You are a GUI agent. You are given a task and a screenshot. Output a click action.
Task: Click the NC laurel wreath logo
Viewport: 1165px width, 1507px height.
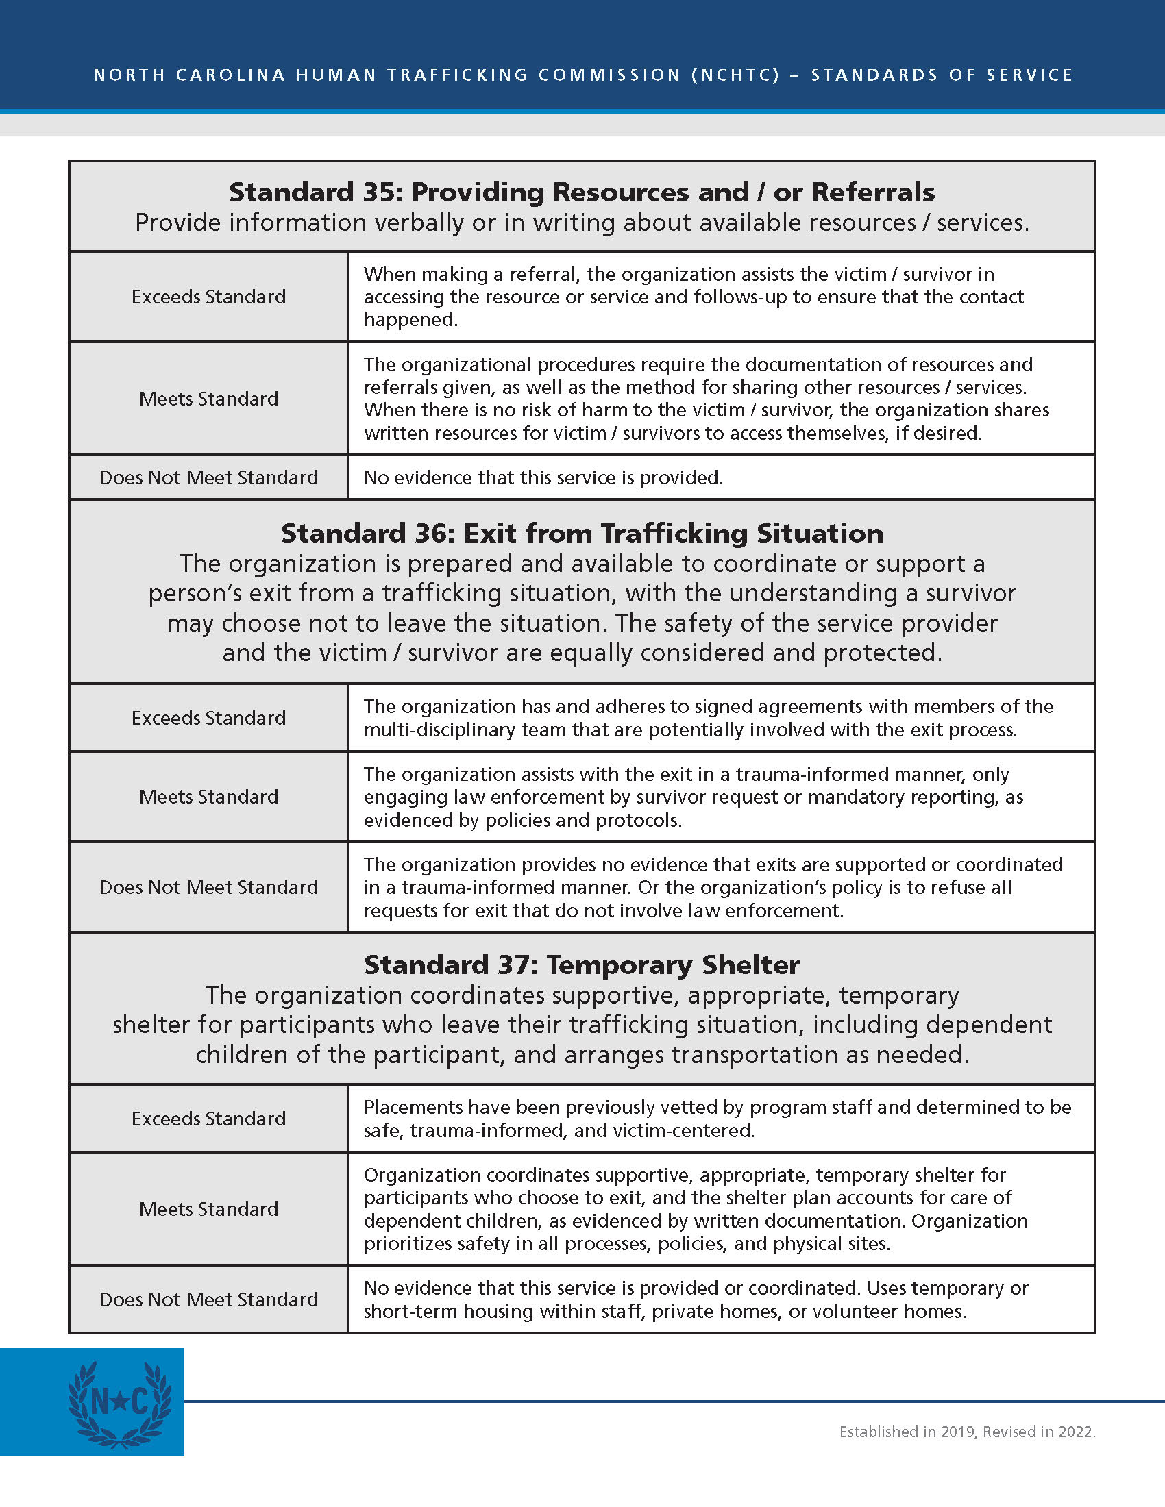pos(119,1404)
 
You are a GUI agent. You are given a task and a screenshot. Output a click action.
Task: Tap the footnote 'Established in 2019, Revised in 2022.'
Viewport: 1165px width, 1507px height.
pos(967,1432)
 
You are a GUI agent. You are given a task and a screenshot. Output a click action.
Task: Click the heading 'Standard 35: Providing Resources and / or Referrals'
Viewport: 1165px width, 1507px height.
pos(582,192)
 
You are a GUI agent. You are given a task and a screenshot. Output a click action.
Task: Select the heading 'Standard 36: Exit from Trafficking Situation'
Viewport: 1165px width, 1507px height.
pos(582,534)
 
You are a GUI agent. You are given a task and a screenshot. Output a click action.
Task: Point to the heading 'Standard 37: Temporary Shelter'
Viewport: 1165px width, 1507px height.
pos(582,964)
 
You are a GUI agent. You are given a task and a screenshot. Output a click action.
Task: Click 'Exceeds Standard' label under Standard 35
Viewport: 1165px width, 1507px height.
pos(208,297)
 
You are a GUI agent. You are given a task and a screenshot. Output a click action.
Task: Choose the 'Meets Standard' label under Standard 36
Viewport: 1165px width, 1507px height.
pos(208,797)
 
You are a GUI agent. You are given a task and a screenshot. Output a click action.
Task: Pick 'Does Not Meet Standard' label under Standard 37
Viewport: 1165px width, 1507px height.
pos(208,1299)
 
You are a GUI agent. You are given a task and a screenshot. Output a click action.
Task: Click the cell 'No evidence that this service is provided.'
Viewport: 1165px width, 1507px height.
pos(543,477)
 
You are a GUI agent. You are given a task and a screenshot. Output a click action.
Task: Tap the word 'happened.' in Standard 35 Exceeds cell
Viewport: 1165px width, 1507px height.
pos(410,319)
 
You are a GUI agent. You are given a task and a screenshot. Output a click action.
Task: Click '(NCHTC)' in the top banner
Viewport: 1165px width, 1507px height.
pos(736,75)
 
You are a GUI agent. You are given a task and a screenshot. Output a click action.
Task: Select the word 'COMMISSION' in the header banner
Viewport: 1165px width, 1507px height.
pos(609,75)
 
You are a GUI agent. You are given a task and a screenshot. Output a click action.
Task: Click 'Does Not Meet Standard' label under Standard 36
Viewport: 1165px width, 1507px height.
pos(208,887)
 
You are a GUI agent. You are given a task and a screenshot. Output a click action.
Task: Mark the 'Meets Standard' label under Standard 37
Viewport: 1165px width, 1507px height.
pos(208,1209)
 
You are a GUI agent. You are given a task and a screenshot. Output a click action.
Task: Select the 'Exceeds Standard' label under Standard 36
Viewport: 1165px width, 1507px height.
pos(208,719)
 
